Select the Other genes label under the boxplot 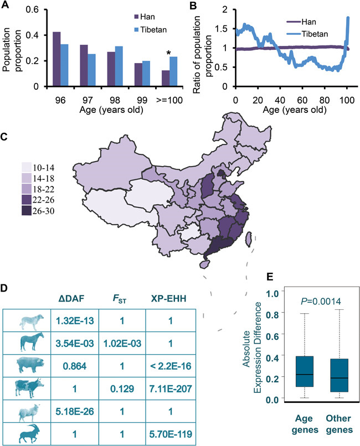(337, 426)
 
